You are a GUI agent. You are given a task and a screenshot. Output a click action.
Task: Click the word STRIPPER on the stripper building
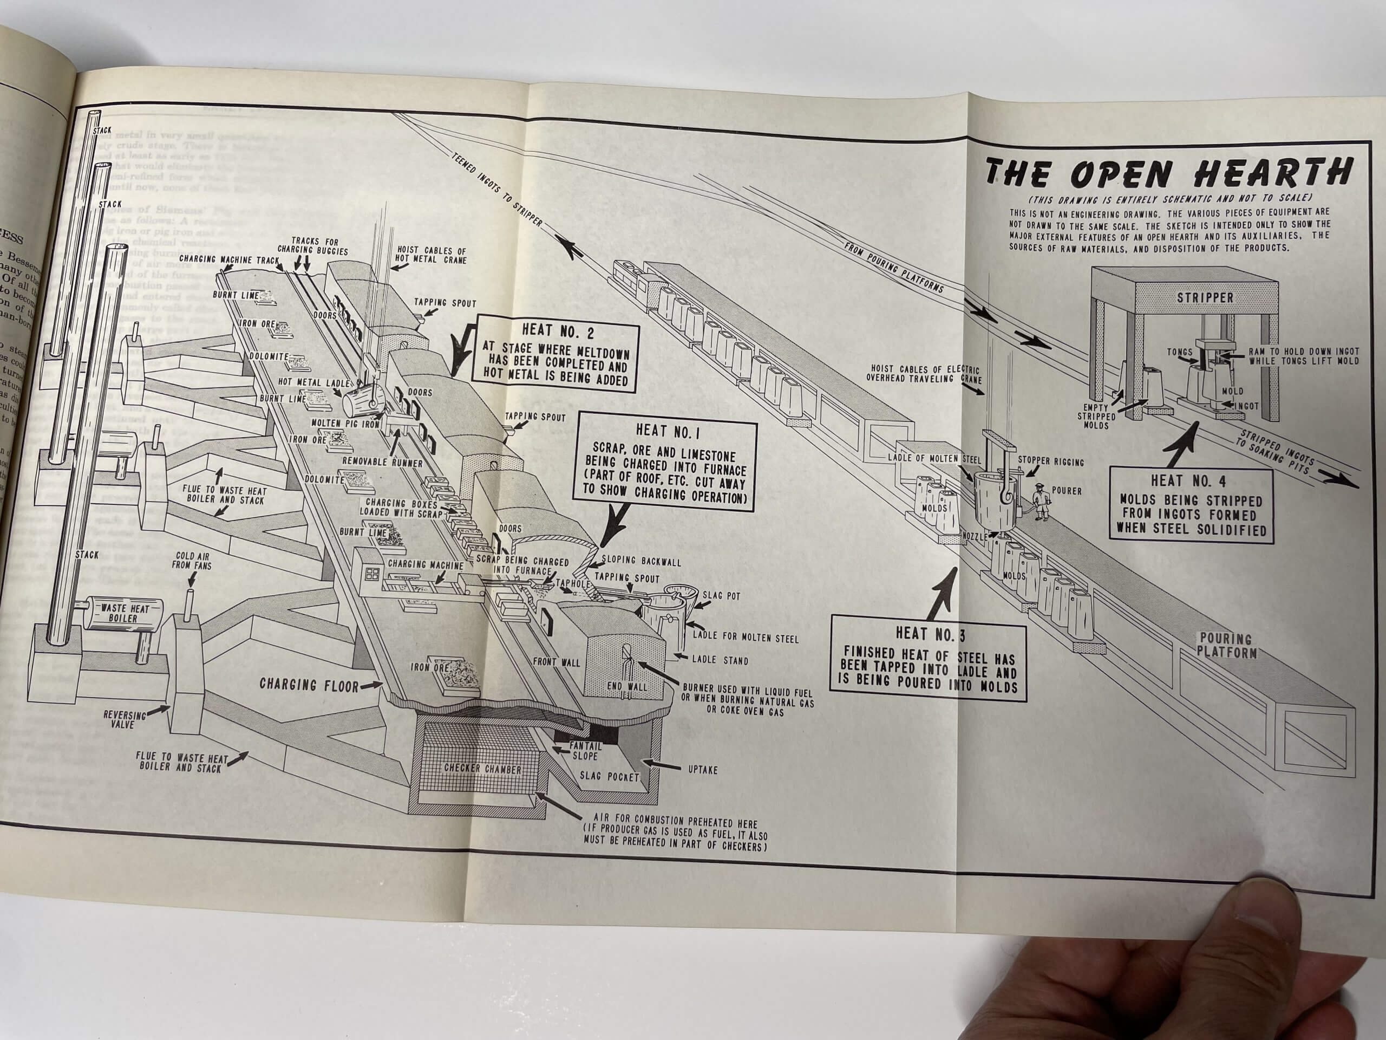click(1204, 297)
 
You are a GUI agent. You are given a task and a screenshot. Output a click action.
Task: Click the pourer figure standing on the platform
click(1040, 502)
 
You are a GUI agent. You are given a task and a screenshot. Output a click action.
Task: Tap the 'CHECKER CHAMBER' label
click(482, 769)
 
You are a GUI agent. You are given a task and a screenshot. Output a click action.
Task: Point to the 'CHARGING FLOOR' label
click(310, 684)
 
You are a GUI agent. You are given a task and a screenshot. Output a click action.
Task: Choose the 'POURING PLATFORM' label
click(1226, 645)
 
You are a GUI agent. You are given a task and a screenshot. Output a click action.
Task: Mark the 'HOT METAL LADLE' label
click(308, 382)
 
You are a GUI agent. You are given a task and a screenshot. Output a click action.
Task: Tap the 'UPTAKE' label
click(702, 769)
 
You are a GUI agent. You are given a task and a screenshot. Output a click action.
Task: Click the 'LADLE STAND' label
click(720, 660)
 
